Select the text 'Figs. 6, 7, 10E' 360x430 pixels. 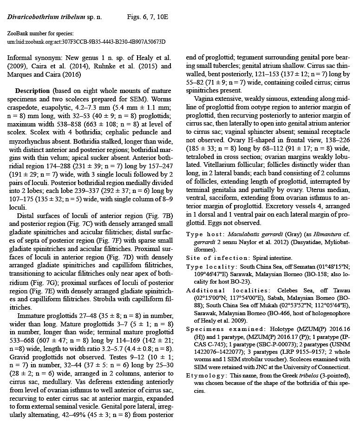[147, 17]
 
